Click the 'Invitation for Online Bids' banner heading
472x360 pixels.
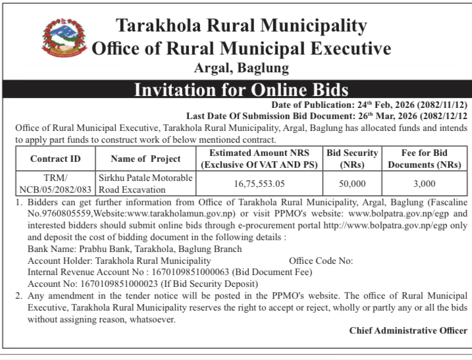point(241,90)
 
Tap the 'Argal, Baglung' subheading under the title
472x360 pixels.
point(241,67)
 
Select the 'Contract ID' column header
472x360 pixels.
point(55,159)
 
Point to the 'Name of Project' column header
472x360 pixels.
point(145,159)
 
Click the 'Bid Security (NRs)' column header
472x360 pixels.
point(352,159)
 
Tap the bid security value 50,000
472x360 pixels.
point(352,185)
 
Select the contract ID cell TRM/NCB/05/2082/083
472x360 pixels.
point(55,184)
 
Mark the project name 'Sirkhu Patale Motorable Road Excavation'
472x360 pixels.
point(145,184)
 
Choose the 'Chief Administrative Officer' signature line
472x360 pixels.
point(408,330)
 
